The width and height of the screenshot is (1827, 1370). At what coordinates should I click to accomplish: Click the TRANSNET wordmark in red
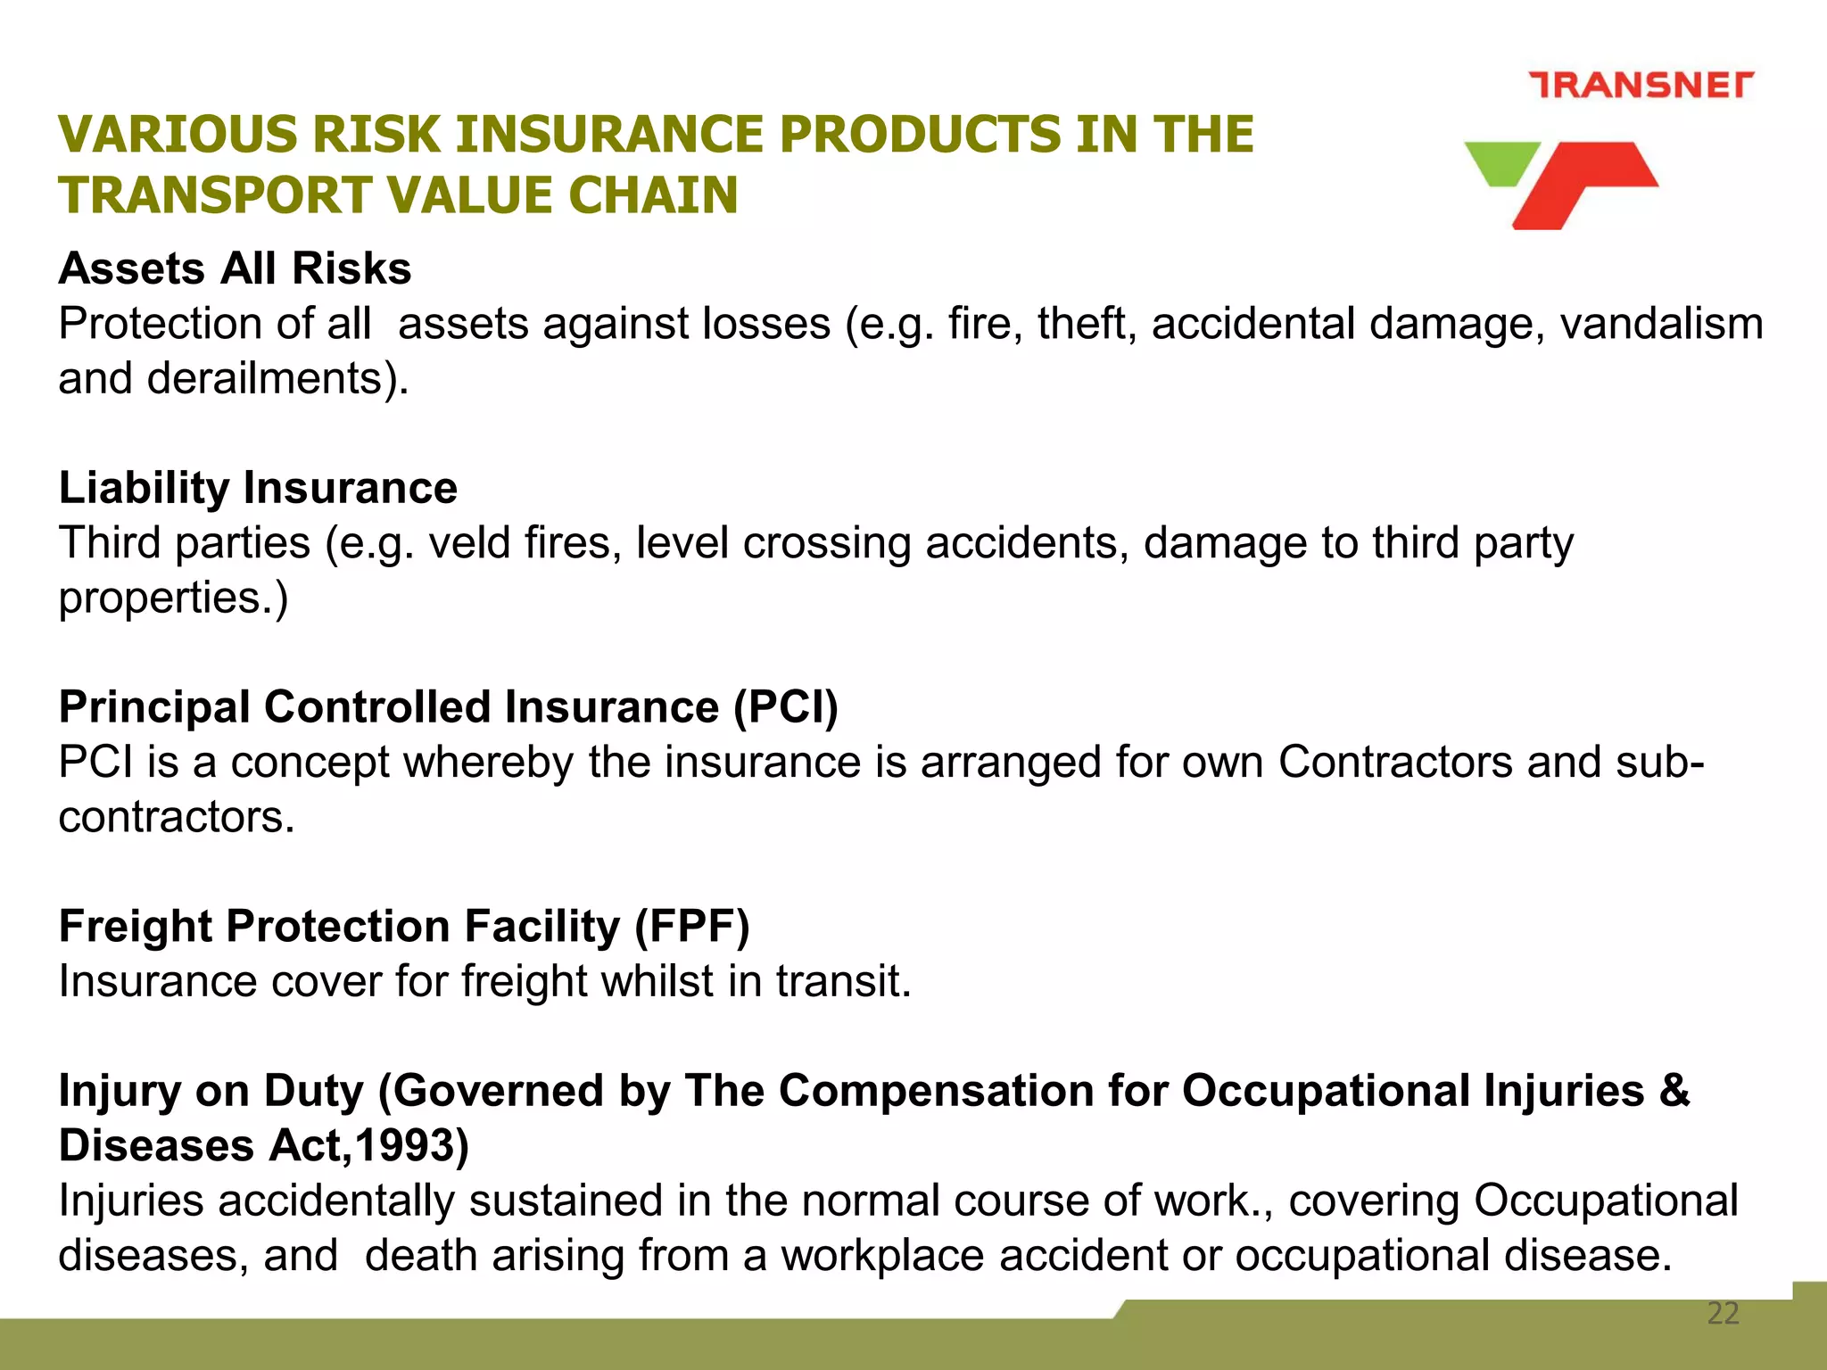[1641, 85]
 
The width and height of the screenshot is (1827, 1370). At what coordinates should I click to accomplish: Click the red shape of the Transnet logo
[1583, 183]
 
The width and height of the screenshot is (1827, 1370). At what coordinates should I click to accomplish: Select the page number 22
[1723, 1313]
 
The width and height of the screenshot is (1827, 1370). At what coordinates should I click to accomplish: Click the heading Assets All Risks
[235, 268]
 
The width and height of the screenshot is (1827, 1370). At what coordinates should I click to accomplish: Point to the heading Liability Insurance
[258, 488]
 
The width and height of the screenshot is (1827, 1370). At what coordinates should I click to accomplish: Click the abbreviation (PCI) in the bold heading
[785, 707]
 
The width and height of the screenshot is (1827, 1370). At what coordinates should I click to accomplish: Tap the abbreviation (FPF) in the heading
[691, 926]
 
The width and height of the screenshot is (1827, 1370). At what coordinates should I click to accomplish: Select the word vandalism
[1661, 323]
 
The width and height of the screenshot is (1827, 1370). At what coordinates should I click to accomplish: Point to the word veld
[469, 542]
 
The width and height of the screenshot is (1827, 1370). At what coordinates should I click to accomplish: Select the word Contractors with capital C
[1395, 762]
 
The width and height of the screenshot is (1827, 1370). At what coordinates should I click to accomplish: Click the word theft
[1086, 323]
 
